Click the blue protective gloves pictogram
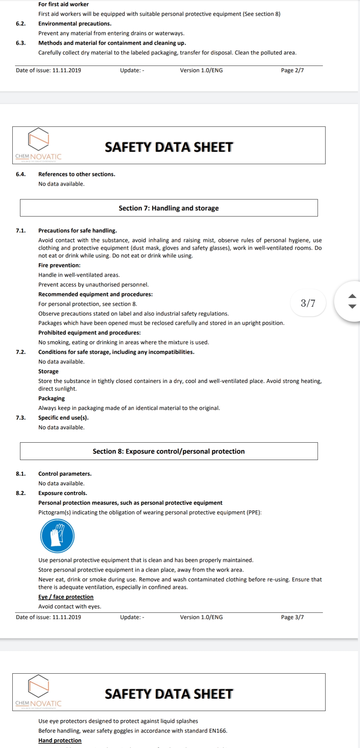coord(57,536)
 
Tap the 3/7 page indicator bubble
coord(308,303)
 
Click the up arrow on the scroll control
coord(352,296)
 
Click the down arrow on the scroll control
coord(352,306)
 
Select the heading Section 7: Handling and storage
coord(169,208)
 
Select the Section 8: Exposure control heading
coord(169,451)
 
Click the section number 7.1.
coord(21,231)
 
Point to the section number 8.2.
coord(21,493)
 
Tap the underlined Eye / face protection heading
coord(66,597)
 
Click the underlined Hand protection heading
coord(60,740)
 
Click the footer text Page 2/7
coord(292,70)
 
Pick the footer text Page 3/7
coord(292,617)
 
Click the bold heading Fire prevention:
coord(59,265)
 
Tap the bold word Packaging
coord(51,398)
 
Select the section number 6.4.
coord(21,174)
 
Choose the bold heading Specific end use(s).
coord(63,418)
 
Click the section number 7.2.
coord(21,352)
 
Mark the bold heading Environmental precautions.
coord(75,24)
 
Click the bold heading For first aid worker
coord(63,4)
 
